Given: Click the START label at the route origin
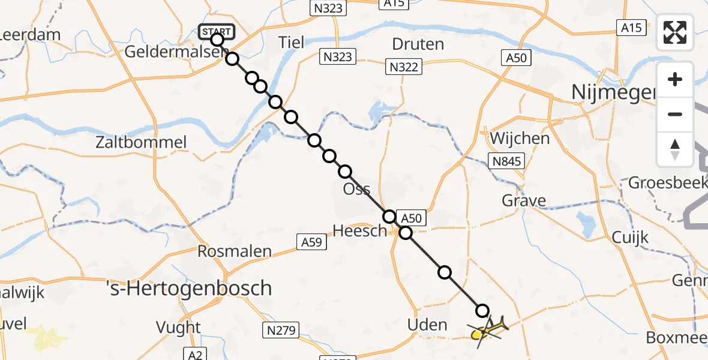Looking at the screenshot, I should tap(217, 31).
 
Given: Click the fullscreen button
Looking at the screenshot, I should tap(675, 32).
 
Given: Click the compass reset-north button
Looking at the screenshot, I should tap(675, 149).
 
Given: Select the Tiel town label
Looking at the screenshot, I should tap(292, 43).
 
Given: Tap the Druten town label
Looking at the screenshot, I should tap(418, 44).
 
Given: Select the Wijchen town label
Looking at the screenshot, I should tap(520, 139).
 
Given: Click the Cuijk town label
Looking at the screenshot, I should tap(630, 238).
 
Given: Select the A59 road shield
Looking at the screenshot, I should tap(312, 242).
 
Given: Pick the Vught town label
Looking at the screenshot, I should tap(178, 328).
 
